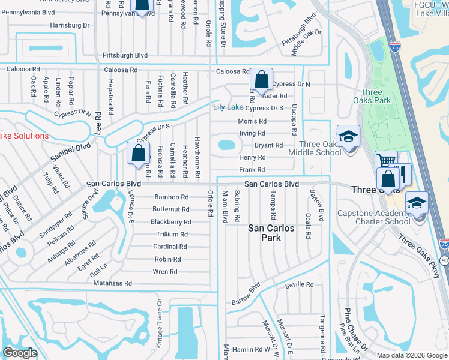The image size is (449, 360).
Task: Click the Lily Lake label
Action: click(228, 107)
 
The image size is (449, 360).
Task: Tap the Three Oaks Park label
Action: click(376, 96)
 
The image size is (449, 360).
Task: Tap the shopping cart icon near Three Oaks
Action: click(385, 161)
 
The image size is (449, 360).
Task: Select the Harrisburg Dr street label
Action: click(70, 25)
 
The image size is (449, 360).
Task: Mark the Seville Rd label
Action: click(299, 284)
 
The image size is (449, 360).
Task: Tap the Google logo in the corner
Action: click(20, 353)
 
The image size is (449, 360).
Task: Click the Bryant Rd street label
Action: click(268, 145)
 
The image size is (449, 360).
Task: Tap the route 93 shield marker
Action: click(444, 260)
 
